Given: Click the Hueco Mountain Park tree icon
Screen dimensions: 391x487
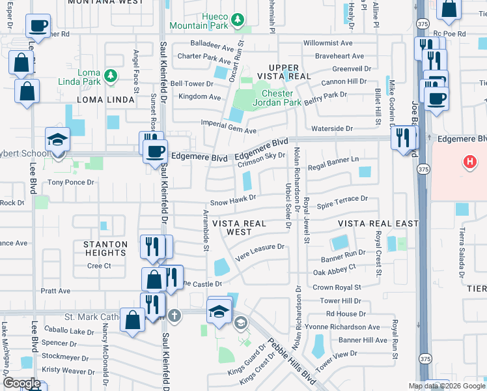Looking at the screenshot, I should click(239, 19).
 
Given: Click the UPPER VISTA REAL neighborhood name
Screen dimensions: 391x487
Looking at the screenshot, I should click(284, 72).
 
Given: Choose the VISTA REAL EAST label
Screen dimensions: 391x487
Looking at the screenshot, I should click(378, 224).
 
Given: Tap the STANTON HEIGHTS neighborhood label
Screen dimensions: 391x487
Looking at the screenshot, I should click(105, 249).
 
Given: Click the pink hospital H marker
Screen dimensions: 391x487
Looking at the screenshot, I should click(468, 162).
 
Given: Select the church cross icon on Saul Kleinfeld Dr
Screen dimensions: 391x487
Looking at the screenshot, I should click(174, 315).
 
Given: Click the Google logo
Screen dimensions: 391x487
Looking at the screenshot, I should click(21, 383).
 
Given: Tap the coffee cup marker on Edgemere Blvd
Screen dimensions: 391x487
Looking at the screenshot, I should click(155, 152).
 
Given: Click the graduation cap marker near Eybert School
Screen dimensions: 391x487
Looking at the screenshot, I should click(57, 139).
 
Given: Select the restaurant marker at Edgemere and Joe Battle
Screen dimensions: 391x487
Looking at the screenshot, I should click(403, 138).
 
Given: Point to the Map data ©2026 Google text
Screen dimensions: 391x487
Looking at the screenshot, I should click(447, 386).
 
